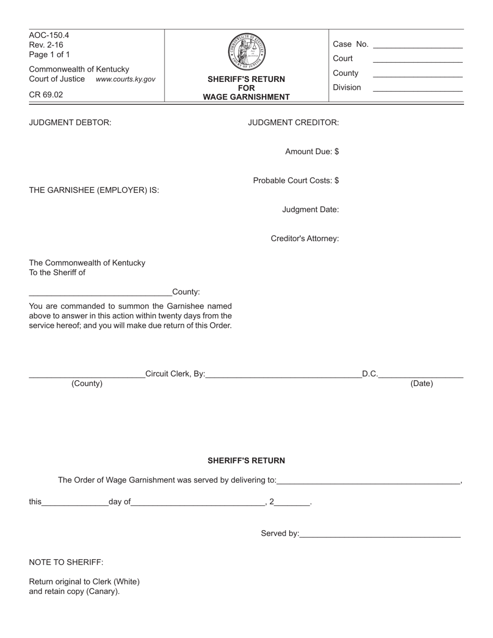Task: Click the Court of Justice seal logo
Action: coord(246,52)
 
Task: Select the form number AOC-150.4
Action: coord(49,35)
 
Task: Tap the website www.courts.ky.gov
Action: coord(125,79)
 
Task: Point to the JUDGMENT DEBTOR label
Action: coord(70,122)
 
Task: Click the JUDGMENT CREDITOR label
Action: coord(293,122)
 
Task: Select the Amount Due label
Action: coord(312,151)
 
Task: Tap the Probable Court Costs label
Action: coord(296,181)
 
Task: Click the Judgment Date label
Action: coord(310,210)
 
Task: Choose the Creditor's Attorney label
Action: coord(305,239)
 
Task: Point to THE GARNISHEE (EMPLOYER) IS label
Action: coord(94,190)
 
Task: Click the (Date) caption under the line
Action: coord(421,383)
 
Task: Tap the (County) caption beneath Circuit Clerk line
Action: coord(87,383)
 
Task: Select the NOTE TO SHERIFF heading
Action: coord(66,562)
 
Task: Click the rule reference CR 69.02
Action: coord(46,94)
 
